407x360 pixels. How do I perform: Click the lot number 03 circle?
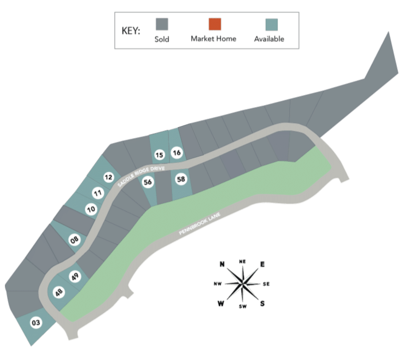tap(36, 323)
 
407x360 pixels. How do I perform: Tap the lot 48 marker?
tap(59, 292)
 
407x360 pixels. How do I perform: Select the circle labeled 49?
tap(75, 276)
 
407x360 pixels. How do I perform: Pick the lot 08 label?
tap(74, 240)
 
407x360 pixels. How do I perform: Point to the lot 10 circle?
tap(91, 209)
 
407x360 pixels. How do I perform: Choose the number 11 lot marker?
tap(98, 193)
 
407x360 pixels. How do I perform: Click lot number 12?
tap(108, 177)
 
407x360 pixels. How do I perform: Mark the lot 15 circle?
tap(159, 155)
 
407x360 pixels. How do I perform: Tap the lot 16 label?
tap(177, 152)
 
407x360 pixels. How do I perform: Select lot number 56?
tap(148, 182)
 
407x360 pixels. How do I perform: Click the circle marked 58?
tap(181, 179)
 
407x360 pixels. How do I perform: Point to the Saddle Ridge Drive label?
tap(141, 176)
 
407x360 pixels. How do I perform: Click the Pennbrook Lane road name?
tap(200, 223)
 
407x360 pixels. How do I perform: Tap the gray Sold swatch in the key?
tap(162, 24)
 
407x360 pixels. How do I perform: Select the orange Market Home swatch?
tap(215, 24)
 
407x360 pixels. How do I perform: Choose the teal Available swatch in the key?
tap(272, 25)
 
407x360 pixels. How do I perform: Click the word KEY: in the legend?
tap(131, 31)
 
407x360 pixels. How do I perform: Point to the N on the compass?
tap(222, 265)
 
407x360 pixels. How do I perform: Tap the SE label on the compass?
tap(266, 284)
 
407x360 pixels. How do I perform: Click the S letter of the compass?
tap(262, 303)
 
